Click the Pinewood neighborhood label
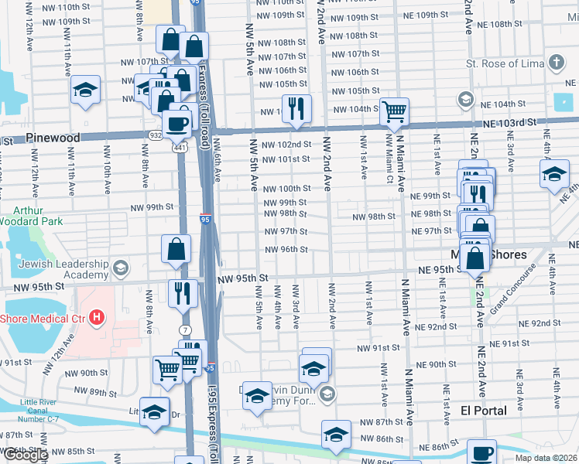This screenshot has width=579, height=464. click(53, 138)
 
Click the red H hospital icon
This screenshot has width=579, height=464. click(96, 317)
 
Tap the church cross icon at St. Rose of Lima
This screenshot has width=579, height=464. click(555, 62)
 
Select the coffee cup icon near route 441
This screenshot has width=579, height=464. click(176, 121)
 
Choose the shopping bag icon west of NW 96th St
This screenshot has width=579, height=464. click(176, 248)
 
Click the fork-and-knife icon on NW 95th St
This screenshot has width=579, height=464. click(183, 292)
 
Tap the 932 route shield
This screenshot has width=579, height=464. click(156, 135)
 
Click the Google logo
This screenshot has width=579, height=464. click(26, 455)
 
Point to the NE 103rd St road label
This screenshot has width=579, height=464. click(509, 123)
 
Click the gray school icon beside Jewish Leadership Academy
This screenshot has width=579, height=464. click(119, 268)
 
